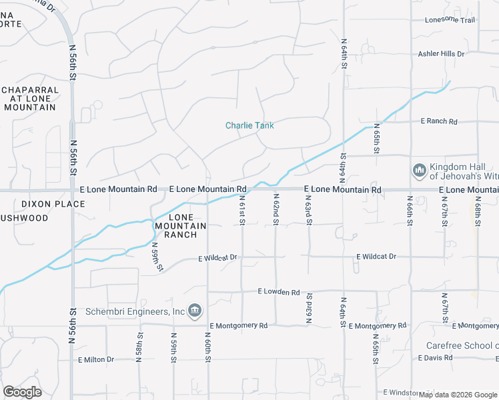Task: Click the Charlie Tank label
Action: tap(249, 125)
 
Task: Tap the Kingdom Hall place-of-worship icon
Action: tap(420, 171)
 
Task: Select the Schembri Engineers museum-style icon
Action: tap(195, 310)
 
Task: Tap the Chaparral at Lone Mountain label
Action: tap(29, 98)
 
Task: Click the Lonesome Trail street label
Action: tap(450, 20)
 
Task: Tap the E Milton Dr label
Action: tap(96, 359)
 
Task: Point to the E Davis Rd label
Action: tap(437, 358)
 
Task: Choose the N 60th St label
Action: tap(207, 349)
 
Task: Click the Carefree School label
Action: tap(462, 345)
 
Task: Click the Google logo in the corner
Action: tap(23, 392)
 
